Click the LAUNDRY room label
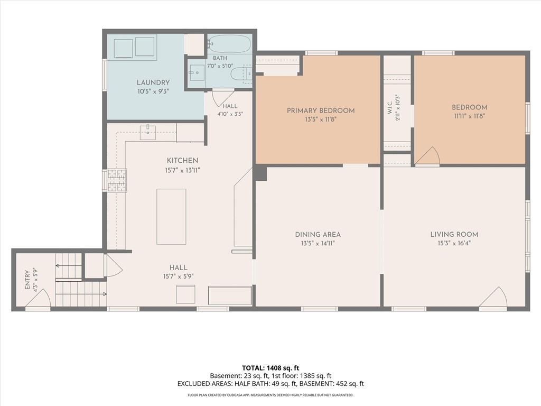(x=153, y=82)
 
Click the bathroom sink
(x=197, y=73)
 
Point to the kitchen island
(x=171, y=216)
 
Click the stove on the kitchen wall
(x=117, y=180)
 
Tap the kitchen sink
(x=148, y=132)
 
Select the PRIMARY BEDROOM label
(x=321, y=111)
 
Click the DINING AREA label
(x=318, y=235)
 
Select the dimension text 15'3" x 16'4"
(x=454, y=243)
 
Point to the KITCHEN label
(x=182, y=161)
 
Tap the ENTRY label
(x=27, y=280)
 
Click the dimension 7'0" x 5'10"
(x=220, y=66)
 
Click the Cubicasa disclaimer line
(x=270, y=395)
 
